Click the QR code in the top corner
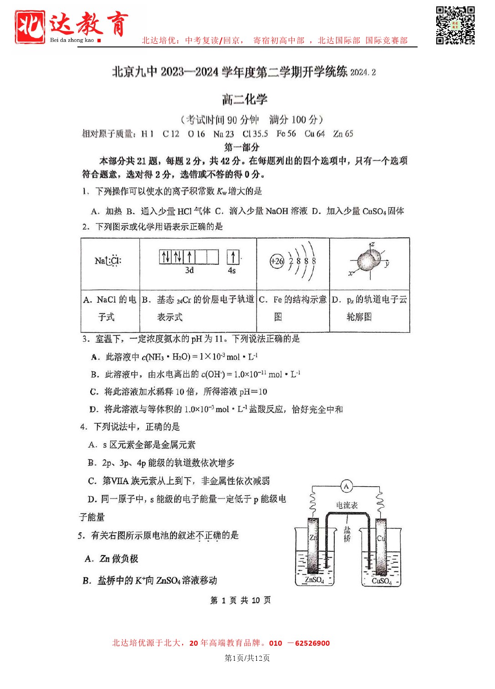[x=455, y=25]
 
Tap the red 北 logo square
[x=30, y=26]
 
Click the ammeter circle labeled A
[x=346, y=487]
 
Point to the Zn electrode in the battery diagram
[x=313, y=545]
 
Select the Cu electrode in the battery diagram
[x=380, y=545]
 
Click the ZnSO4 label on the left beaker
[x=314, y=580]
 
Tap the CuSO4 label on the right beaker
[x=381, y=581]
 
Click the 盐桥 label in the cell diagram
[x=347, y=534]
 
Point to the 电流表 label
[x=347, y=505]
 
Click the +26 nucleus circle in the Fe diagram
[x=277, y=261]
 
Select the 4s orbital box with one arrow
[x=233, y=257]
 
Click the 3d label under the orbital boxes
[x=189, y=270]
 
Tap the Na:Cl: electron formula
[x=108, y=261]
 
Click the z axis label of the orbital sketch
[x=373, y=244]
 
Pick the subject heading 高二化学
[x=245, y=99]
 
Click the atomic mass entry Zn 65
[x=343, y=134]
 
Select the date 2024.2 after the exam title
[x=363, y=72]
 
